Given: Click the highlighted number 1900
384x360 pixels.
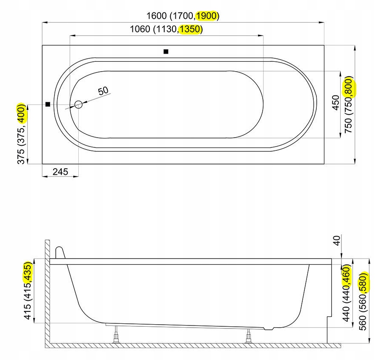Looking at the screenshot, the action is (206, 16).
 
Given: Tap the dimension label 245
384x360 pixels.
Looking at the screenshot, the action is (60, 172).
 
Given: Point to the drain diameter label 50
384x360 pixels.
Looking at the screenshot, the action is (103, 91).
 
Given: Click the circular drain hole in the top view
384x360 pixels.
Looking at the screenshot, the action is (78, 105).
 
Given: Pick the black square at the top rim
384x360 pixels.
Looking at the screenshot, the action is (166, 52).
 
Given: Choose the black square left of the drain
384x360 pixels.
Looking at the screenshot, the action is (48, 104).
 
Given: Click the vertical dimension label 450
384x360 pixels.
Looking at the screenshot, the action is (336, 103).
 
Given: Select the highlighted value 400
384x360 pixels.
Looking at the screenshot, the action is (22, 113).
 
